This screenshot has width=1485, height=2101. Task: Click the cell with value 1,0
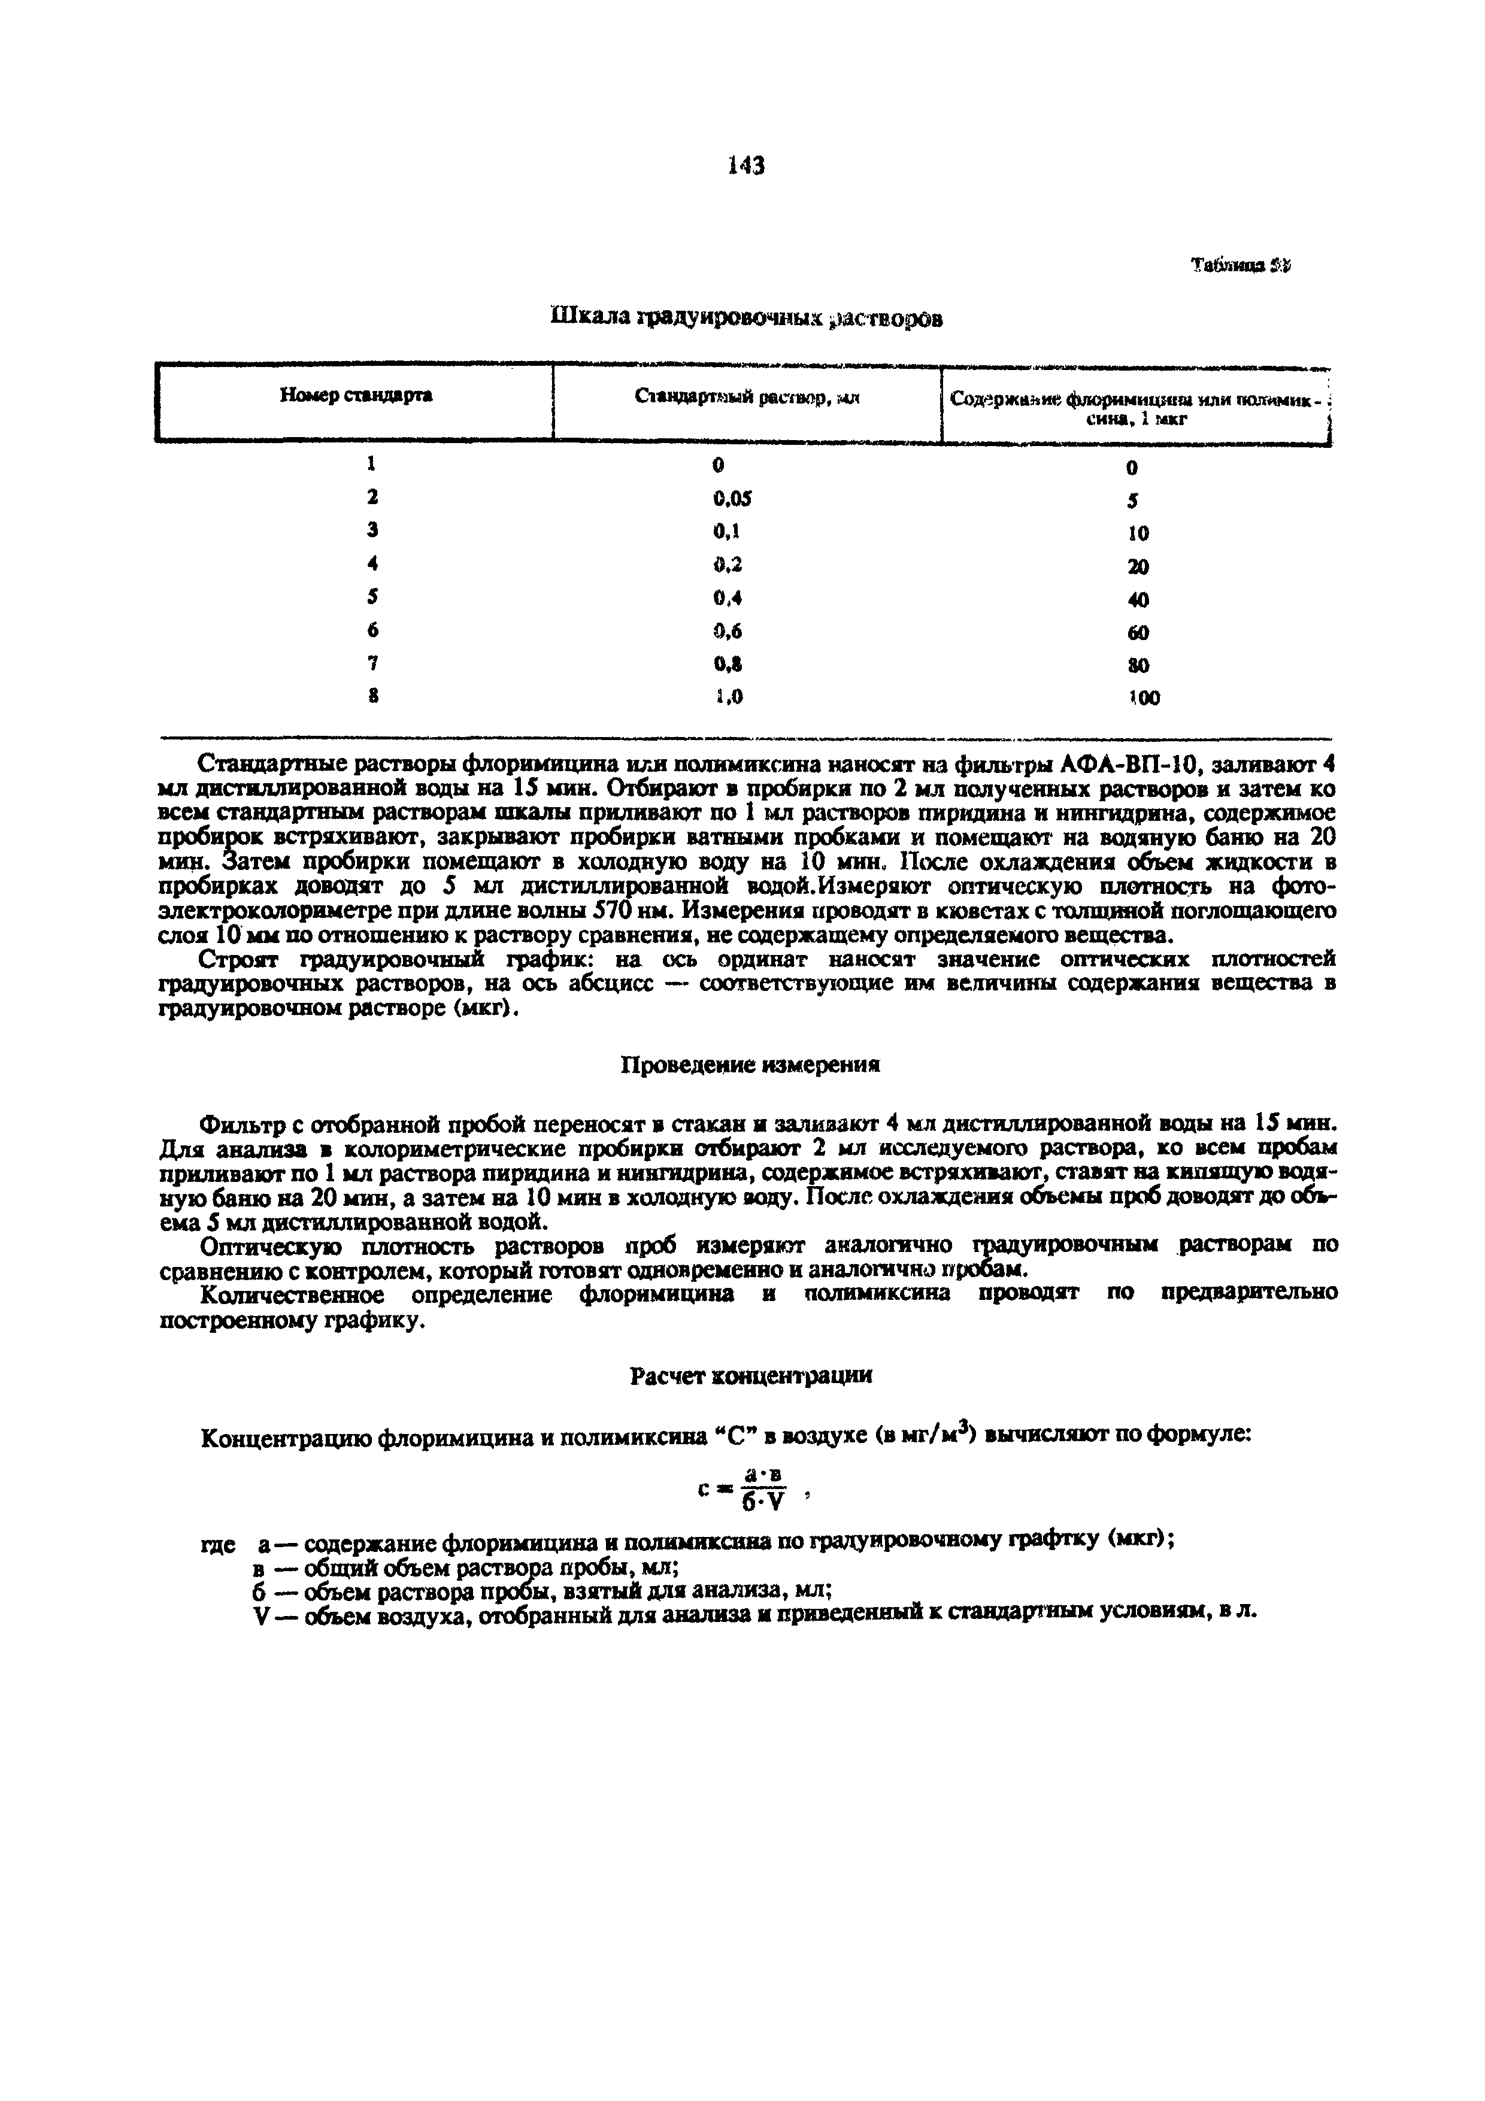[728, 696]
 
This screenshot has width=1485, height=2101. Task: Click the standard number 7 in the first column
[372, 662]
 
